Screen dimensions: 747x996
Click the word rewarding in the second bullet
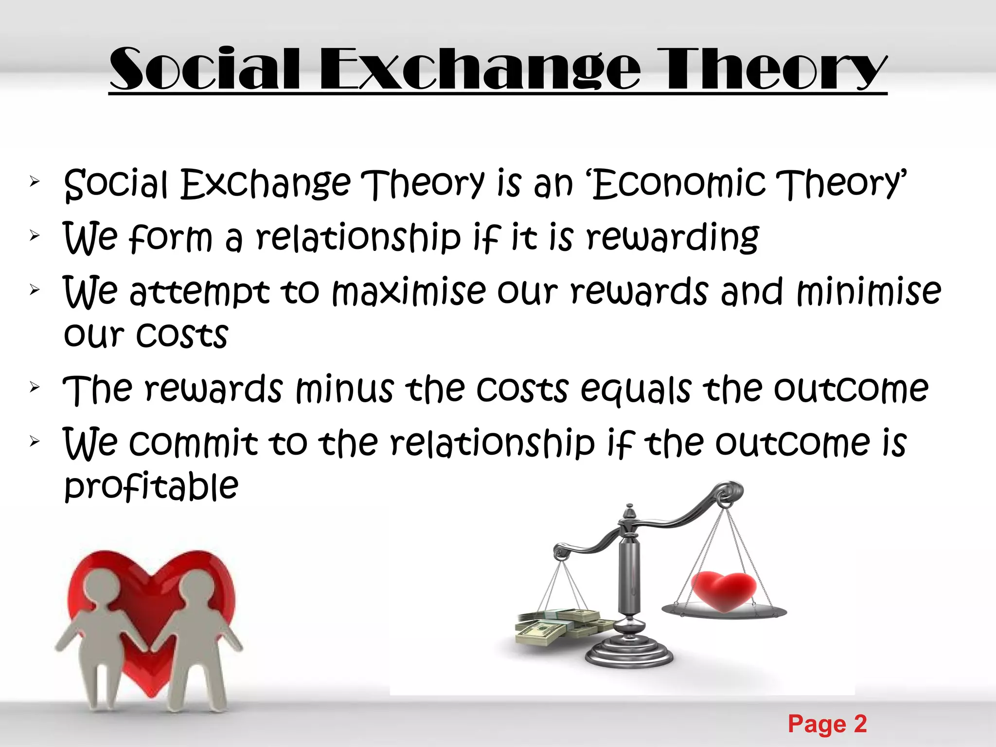coord(673,238)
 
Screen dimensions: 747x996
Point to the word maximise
coord(409,292)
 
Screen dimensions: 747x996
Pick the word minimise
coord(869,292)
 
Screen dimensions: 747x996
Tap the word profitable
coord(151,486)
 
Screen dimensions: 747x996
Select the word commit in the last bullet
coord(193,443)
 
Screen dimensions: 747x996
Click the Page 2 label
coord(827,724)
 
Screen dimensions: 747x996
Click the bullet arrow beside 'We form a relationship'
coord(34,236)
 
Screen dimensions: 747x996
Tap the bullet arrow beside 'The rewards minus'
coord(34,388)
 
